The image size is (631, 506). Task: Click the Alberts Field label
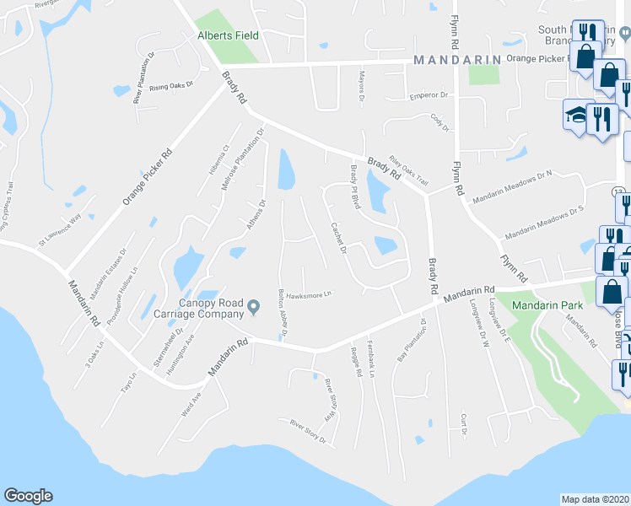coord(228,36)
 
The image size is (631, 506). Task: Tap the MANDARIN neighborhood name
coord(457,60)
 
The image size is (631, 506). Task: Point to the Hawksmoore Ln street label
coord(310,295)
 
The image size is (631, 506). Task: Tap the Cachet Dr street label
coord(339,238)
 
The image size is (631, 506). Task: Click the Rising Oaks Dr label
coord(171,86)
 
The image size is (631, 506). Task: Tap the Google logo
coord(28,496)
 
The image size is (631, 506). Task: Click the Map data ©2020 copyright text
coord(596,498)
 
